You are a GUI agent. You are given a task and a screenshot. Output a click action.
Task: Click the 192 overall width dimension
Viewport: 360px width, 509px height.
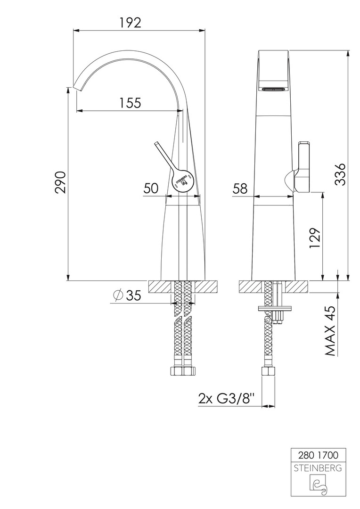[130, 23]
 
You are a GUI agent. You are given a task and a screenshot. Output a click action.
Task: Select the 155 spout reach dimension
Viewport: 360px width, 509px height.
[130, 103]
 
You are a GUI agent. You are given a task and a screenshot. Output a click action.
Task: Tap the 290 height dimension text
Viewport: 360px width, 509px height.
[61, 182]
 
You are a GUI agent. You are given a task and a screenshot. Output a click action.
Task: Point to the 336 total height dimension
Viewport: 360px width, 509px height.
[340, 174]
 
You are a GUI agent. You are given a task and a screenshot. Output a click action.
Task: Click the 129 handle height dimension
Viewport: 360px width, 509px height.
[315, 238]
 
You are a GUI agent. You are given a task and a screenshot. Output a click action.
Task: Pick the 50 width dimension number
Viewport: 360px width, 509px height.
[151, 188]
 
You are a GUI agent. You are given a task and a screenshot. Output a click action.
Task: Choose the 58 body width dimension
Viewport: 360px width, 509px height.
[240, 188]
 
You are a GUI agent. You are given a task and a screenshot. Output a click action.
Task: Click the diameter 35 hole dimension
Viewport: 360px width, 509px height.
[127, 295]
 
